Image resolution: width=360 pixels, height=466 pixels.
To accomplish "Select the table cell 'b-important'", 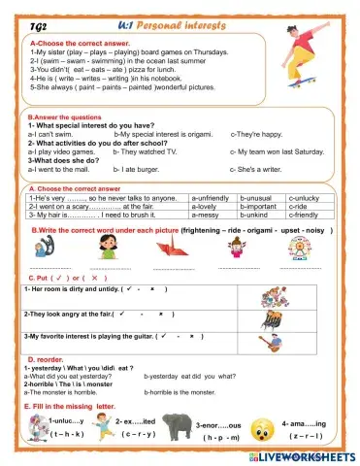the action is coord(259,206).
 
